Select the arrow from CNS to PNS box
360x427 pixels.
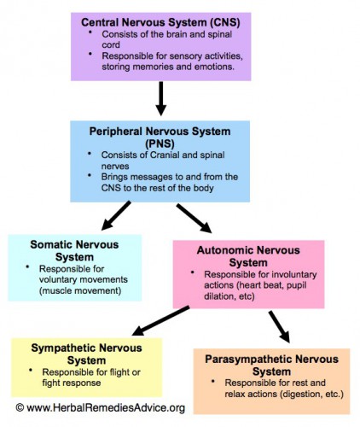tap(161, 99)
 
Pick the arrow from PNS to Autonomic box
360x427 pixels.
tap(194, 217)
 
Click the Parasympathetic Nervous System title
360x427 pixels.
tap(272, 366)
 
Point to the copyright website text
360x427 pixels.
tap(100, 408)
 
